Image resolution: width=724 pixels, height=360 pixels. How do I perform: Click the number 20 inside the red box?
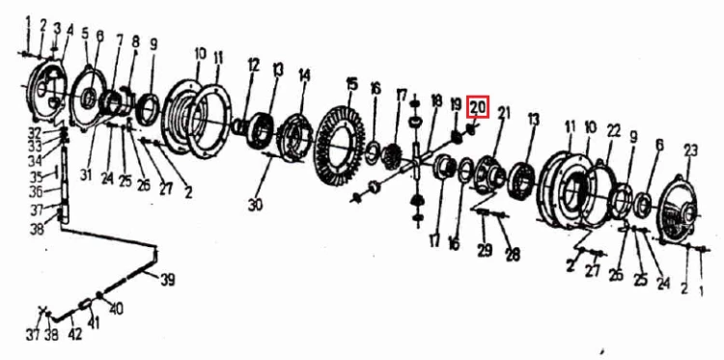(478, 108)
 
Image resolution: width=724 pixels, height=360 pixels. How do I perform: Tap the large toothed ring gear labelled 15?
(340, 146)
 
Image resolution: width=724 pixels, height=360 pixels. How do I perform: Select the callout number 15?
(351, 84)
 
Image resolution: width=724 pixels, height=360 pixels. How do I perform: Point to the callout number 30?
(255, 204)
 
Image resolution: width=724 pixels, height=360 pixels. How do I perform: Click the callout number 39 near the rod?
(168, 279)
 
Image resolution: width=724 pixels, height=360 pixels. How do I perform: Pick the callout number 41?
(94, 324)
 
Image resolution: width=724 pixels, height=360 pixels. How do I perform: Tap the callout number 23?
(690, 151)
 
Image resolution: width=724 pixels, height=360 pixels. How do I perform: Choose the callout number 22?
(614, 131)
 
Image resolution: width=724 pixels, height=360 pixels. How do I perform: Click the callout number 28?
(513, 254)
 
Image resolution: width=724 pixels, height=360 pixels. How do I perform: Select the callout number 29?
(485, 250)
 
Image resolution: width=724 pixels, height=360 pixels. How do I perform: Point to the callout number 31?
(86, 175)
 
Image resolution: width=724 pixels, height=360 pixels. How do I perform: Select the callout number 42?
(74, 333)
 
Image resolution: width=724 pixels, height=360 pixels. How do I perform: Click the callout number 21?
(504, 112)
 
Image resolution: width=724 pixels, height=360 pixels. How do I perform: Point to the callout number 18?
(436, 101)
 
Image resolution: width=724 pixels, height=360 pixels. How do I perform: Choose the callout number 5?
(85, 34)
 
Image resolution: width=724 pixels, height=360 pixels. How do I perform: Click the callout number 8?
(135, 42)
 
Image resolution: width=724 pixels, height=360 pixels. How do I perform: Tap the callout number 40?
(116, 308)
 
